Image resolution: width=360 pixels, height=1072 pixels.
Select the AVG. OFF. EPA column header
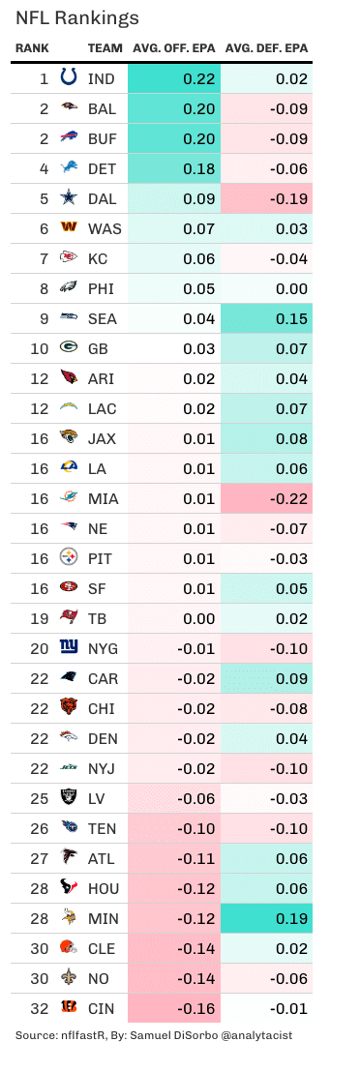click(x=173, y=47)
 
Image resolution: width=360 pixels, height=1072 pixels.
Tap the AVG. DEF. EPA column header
click(x=266, y=47)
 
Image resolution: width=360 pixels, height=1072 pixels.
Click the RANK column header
click(x=32, y=47)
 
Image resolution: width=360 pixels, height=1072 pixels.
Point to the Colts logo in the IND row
click(x=69, y=78)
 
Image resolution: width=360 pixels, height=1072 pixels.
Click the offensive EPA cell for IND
click(x=173, y=78)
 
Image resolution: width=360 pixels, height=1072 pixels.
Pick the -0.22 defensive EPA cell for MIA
click(x=267, y=498)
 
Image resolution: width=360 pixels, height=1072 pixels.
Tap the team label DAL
click(x=102, y=198)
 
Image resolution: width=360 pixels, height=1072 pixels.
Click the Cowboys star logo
click(x=69, y=198)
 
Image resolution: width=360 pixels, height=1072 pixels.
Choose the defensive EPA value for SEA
click(x=267, y=318)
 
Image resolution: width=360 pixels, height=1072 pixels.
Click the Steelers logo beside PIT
click(x=69, y=558)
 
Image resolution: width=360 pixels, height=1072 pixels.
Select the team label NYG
click(x=103, y=648)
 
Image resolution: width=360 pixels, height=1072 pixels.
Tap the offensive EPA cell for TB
click(x=173, y=618)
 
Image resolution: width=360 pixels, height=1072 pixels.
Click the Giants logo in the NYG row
click(x=69, y=648)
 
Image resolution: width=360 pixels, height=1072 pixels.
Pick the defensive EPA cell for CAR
click(x=267, y=678)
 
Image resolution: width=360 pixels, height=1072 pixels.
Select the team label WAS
click(x=103, y=228)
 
